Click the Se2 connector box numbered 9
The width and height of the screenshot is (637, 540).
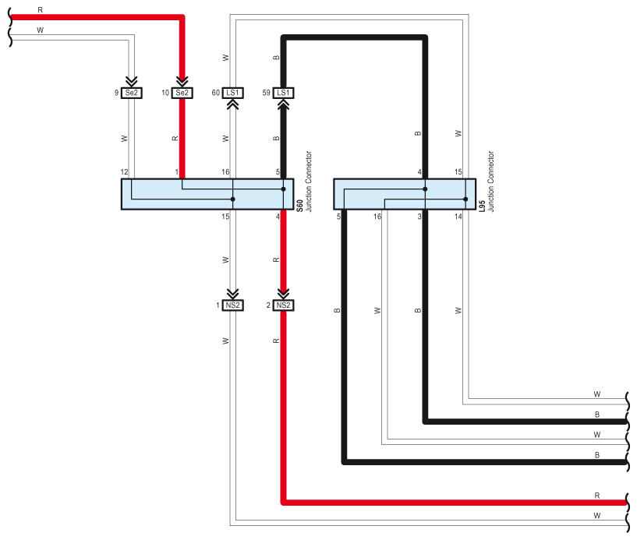[x=132, y=93]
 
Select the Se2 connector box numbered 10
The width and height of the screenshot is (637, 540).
[x=182, y=93]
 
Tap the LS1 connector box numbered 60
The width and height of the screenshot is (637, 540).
[x=232, y=93]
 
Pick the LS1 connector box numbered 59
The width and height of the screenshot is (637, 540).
[x=283, y=93]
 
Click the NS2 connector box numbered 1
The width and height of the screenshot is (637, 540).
[x=232, y=305]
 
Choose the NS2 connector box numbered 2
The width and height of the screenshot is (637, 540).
[x=283, y=305]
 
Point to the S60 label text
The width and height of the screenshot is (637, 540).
[x=299, y=206]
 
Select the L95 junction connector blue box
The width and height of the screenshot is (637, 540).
[x=405, y=194]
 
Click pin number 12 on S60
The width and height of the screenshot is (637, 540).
[x=124, y=171]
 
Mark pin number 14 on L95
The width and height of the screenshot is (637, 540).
[x=458, y=217]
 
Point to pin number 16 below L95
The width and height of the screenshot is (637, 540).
[x=377, y=217]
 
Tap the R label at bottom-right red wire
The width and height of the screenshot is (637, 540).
[x=596, y=496]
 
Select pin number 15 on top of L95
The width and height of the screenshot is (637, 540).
[x=458, y=171]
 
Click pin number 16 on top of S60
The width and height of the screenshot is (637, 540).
[x=225, y=171]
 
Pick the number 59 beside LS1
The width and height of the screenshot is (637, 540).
[x=266, y=93]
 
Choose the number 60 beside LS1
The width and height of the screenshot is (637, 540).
[x=216, y=93]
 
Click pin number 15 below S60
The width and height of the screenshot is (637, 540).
[x=225, y=217]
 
